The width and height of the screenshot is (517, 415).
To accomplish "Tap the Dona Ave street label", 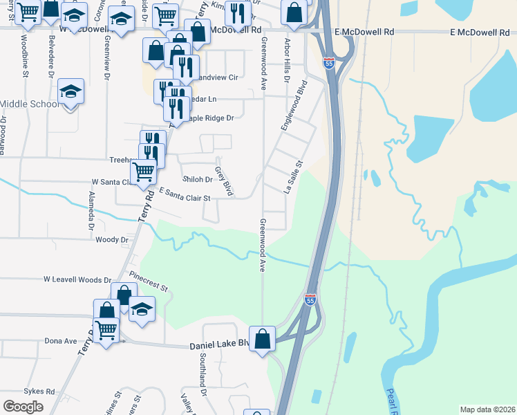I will (x=61, y=341).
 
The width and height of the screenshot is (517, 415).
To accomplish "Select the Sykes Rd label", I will (x=39, y=391).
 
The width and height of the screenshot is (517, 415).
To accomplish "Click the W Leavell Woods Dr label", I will (x=77, y=280).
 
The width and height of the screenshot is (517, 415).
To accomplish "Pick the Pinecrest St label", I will (x=153, y=285).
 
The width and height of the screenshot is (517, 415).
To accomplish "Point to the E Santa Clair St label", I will (x=184, y=194).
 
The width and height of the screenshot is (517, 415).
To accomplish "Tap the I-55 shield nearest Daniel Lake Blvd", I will (x=310, y=299).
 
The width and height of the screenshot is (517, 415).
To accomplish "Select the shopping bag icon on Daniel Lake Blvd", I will (x=263, y=339).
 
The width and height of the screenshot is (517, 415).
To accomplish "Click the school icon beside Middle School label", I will (x=70, y=92).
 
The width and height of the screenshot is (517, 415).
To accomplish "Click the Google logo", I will (x=23, y=407).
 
